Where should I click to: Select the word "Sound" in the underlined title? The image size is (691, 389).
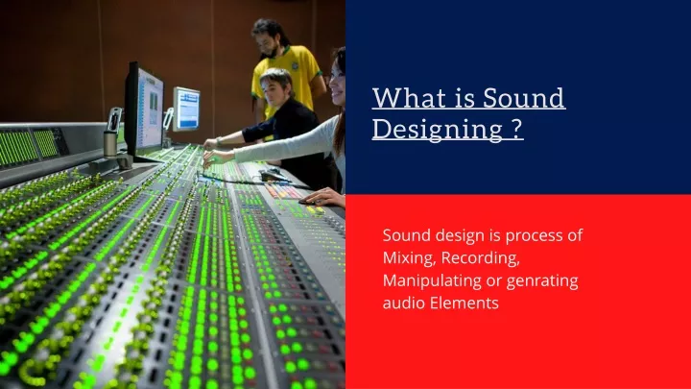tap(524, 97)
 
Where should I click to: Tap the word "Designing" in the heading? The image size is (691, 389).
tap(438, 130)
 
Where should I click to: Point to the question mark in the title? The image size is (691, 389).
tap(517, 129)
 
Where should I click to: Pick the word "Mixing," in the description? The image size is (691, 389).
tap(410, 258)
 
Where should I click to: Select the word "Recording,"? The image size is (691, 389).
tap(481, 258)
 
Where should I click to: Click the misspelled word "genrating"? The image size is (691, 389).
tap(542, 281)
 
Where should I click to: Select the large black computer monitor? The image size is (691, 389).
tap(144, 110)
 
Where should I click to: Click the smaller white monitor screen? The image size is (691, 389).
tap(186, 109)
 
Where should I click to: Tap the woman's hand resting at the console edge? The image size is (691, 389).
tap(323, 197)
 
